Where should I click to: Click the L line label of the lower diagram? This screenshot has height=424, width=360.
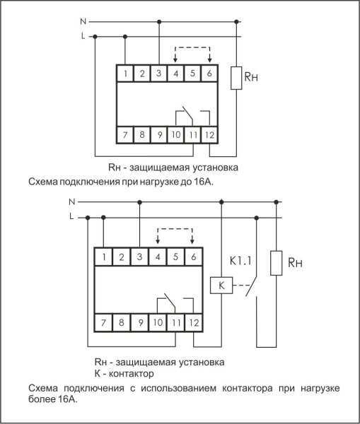(x=72, y=217)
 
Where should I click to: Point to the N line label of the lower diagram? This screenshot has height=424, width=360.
(x=72, y=202)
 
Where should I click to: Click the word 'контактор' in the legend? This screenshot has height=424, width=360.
(x=132, y=372)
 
